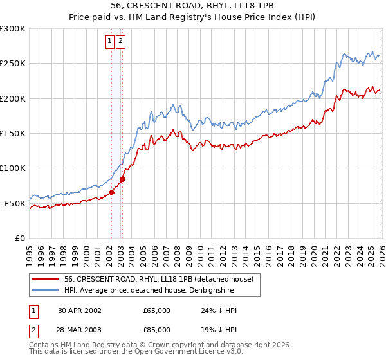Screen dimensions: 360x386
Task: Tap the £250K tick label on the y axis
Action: (x=12, y=64)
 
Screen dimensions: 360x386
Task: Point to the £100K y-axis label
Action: (x=12, y=168)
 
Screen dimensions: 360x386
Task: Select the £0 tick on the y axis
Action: (x=19, y=238)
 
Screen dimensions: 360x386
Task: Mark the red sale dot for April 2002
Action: (x=111, y=192)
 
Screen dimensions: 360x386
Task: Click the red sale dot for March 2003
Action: (x=122, y=179)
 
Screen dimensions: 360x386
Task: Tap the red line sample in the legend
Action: (x=46, y=279)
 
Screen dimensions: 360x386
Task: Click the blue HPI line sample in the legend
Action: (x=46, y=289)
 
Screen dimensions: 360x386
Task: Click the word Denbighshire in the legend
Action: (x=228, y=289)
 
